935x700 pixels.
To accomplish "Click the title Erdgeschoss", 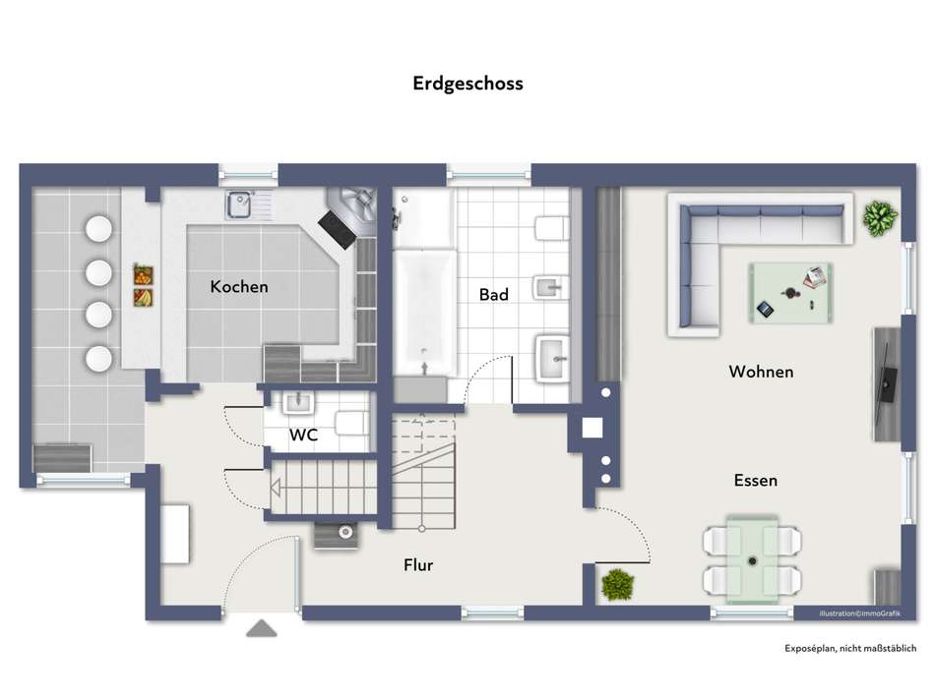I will tap(467, 84).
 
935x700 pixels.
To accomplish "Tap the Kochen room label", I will tap(239, 287).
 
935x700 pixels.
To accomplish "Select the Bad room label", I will tap(493, 294).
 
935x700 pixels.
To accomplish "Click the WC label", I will tap(302, 434).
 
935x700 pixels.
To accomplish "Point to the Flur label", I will tap(418, 565).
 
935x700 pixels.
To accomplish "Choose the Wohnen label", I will tap(761, 372).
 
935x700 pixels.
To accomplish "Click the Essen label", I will tap(756, 481).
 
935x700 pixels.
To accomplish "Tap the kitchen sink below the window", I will tap(240, 204).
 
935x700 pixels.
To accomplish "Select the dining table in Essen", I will tap(753, 557).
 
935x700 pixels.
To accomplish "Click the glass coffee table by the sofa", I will tap(789, 292).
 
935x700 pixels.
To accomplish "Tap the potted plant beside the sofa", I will tap(880, 217).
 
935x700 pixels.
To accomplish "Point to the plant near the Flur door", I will tap(617, 584).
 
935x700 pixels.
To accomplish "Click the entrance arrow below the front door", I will tap(261, 628).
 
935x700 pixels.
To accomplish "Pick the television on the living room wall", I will tap(887, 381).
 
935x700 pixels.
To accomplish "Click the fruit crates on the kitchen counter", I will tap(144, 284).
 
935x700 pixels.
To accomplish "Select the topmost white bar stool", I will tap(98, 228).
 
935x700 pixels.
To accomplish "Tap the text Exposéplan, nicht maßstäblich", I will tap(850, 648).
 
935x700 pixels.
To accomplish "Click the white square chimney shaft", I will tap(592, 428).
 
